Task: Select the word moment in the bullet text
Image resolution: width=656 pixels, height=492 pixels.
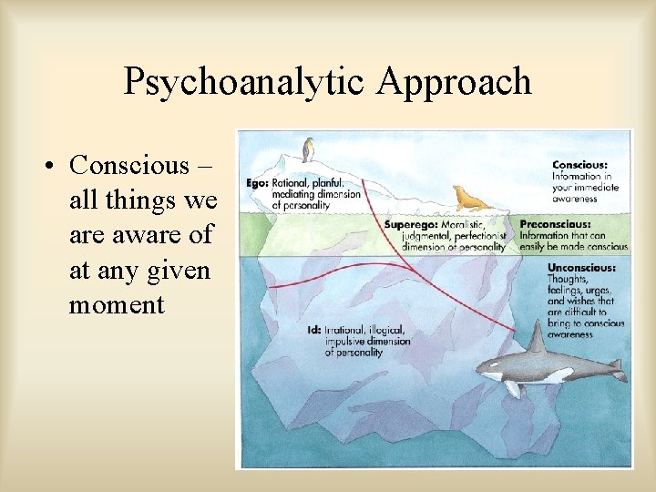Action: point(117,305)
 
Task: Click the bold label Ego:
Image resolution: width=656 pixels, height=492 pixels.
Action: point(257,182)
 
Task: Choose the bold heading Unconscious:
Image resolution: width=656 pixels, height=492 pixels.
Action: point(581,268)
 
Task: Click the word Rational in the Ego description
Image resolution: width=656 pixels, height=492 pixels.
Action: point(290,182)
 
